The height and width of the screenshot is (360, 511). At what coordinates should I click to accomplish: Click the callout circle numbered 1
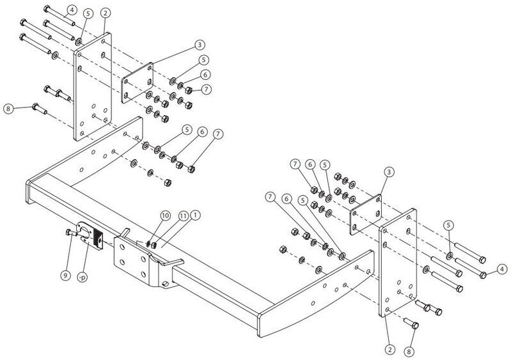click(x=196, y=215)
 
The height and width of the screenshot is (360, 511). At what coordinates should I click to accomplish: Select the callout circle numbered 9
click(x=65, y=276)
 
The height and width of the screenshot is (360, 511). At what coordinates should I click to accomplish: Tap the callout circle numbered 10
click(x=165, y=215)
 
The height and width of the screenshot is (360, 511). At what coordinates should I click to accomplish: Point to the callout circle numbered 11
click(x=184, y=215)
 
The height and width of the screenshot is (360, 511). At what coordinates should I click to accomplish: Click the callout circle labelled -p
click(x=83, y=278)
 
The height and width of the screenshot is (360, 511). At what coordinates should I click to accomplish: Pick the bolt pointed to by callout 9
click(x=71, y=233)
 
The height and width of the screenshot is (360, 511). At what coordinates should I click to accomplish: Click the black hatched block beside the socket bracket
click(x=98, y=239)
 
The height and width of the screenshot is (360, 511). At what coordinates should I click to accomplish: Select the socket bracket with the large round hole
click(x=86, y=232)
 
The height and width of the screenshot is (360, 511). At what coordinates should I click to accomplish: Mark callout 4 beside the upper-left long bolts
click(x=72, y=10)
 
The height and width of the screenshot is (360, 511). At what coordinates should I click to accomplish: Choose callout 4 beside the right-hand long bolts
click(x=502, y=269)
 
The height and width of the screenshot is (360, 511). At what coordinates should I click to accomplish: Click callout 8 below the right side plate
click(x=409, y=352)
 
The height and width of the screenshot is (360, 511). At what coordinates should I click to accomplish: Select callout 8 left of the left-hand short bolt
click(x=9, y=108)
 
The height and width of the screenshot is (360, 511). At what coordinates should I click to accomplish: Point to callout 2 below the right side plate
click(x=389, y=350)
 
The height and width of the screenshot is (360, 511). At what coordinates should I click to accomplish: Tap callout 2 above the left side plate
click(x=106, y=13)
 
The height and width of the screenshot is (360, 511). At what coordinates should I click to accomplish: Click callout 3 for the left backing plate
click(x=200, y=45)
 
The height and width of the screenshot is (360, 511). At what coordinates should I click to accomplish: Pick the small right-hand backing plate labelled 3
click(x=366, y=215)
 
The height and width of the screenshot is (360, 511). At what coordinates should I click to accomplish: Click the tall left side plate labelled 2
click(x=93, y=87)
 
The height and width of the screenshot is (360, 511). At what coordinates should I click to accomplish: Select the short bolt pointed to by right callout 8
click(x=411, y=323)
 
